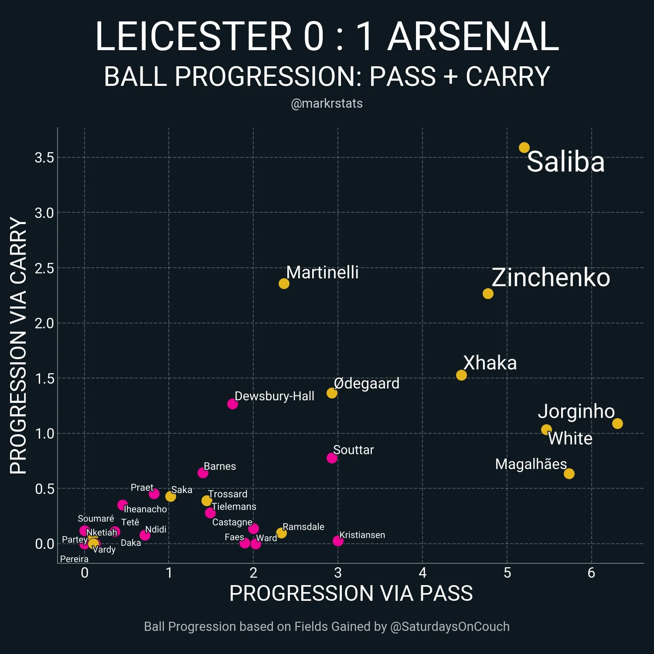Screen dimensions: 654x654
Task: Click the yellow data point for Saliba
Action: pos(524,148)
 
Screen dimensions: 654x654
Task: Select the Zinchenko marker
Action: pos(488,293)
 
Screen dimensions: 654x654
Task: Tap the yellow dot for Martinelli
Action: pos(284,283)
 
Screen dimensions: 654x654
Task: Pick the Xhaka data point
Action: pos(461,375)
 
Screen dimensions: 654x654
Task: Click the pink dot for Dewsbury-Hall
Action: pos(232,404)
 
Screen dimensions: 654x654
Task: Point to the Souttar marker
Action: pos(332,458)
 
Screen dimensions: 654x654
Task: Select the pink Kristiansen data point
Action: pos(338,541)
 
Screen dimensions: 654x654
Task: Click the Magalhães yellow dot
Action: pos(569,473)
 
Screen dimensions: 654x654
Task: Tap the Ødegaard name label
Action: pos(367,383)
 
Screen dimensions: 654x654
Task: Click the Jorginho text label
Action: pos(576,411)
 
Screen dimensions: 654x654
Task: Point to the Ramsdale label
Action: pos(303,527)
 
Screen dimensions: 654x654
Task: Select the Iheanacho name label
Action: pos(145,509)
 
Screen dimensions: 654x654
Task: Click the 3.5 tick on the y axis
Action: pos(44,157)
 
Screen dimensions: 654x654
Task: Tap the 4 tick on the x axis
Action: pos(422,573)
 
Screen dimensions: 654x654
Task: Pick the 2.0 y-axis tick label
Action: pos(44,323)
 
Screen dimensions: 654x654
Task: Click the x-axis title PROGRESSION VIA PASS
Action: pos(351,593)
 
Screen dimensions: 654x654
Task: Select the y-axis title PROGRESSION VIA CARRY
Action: pos(18,346)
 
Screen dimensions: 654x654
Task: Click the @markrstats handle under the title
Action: pos(327,103)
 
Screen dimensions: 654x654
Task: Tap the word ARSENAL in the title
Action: pos(473,36)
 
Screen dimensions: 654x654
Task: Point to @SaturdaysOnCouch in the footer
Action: pos(450,627)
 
